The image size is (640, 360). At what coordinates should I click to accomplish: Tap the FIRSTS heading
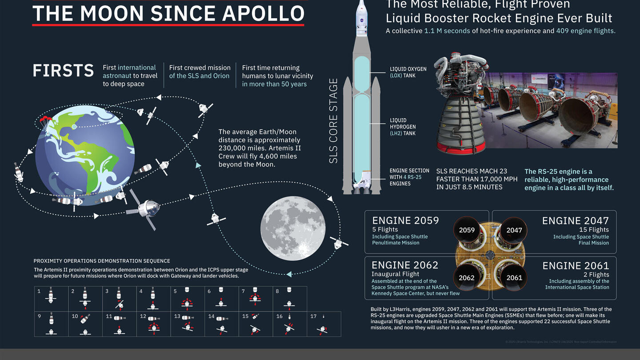pos(63,71)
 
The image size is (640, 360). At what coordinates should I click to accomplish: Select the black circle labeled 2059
pos(467,230)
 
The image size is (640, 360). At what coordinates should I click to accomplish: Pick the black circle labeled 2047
pos(514,230)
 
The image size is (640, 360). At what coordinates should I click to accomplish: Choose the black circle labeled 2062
pos(467,278)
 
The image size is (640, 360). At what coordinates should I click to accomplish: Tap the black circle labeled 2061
pos(514,278)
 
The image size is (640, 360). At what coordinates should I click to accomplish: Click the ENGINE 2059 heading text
pos(405,220)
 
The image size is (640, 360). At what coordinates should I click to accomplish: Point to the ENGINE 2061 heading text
pos(576,266)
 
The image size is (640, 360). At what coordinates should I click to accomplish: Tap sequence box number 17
pos(324,324)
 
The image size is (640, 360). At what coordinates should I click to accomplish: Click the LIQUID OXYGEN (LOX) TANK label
pos(408,72)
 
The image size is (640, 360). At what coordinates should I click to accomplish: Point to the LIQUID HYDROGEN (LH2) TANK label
pos(403,127)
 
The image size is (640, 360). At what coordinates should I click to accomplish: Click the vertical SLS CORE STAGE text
pos(334,121)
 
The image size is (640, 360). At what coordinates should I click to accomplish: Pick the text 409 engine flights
pos(585,31)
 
